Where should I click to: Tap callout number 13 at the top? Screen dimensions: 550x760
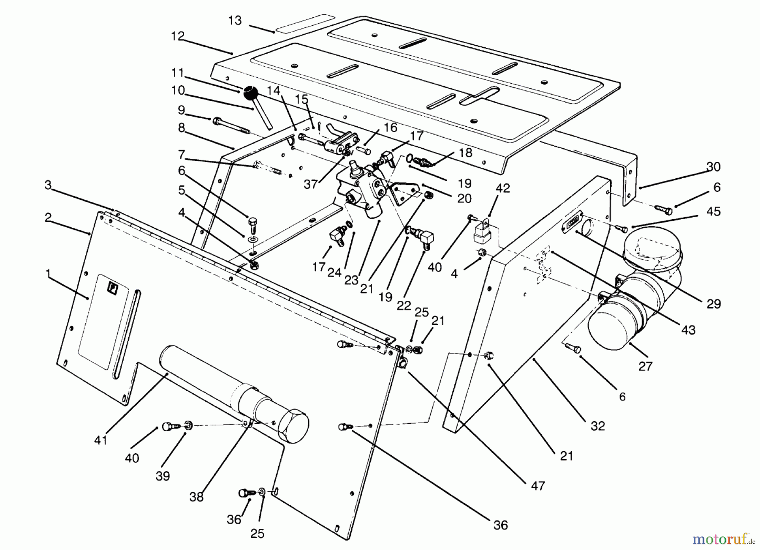pyautogui.click(x=235, y=20)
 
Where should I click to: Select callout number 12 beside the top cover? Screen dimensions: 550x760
pyautogui.click(x=178, y=36)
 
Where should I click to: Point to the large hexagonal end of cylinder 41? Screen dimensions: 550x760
pyautogui.click(x=293, y=426)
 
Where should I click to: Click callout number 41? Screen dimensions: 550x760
pyautogui.click(x=101, y=440)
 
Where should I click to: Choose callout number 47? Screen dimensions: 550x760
pyautogui.click(x=538, y=486)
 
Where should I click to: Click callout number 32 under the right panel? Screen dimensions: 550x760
pyautogui.click(x=598, y=426)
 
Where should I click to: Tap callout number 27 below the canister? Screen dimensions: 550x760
pyautogui.click(x=645, y=366)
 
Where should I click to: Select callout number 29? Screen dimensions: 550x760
pyautogui.click(x=714, y=303)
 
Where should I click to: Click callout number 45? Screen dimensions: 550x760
pyautogui.click(x=714, y=211)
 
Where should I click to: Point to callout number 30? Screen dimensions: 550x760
pyautogui.click(x=713, y=167)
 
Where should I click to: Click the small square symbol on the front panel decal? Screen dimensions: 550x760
pyautogui.click(x=113, y=288)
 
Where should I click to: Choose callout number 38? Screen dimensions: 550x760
pyautogui.click(x=196, y=497)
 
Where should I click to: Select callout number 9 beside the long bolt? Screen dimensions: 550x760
pyautogui.click(x=181, y=110)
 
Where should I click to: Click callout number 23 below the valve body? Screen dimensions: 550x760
pyautogui.click(x=351, y=280)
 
